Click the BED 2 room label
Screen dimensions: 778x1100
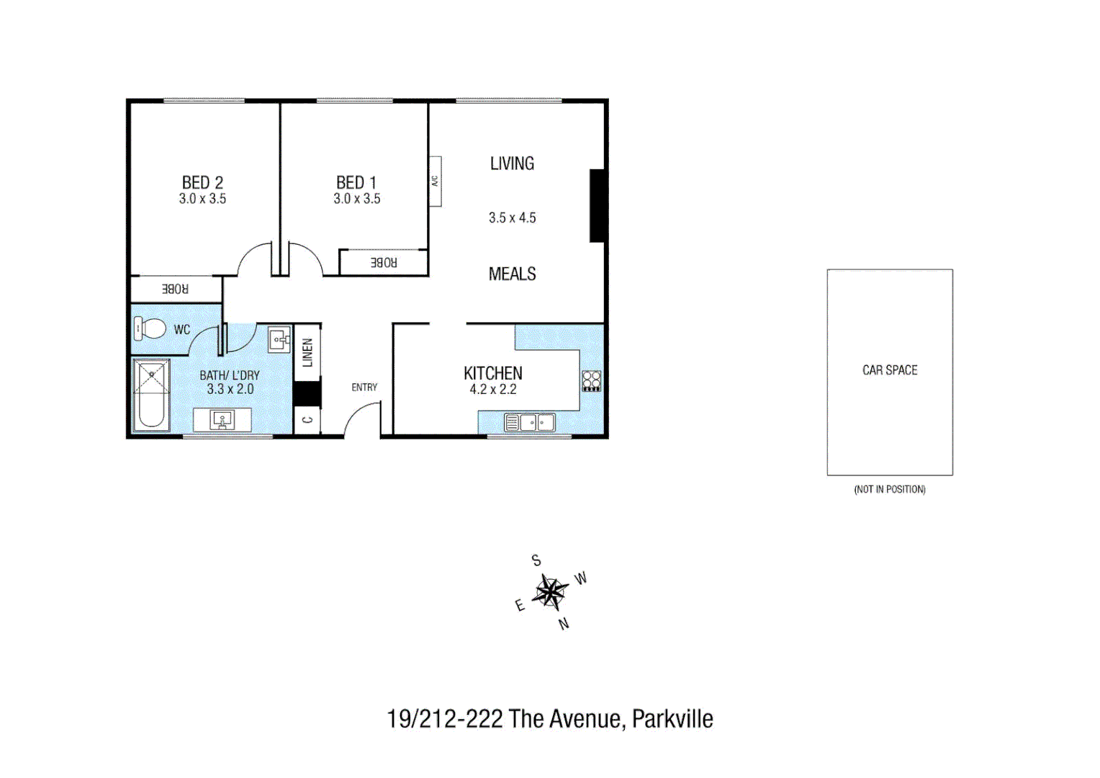(202, 183)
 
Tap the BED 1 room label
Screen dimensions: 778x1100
(356, 183)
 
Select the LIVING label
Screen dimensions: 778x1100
(512, 164)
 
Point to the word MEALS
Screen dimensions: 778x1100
(512, 274)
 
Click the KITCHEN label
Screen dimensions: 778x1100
(493, 373)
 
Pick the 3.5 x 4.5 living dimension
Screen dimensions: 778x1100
(512, 218)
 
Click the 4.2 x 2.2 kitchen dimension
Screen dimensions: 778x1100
(493, 390)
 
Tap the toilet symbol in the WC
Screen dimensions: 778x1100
(150, 328)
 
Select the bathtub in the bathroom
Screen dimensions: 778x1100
(151, 395)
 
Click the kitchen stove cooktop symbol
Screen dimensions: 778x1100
(591, 380)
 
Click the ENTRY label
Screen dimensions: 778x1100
(364, 388)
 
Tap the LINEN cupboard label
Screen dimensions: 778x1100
(307, 352)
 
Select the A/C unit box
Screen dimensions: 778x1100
(435, 182)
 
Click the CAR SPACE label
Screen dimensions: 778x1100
(890, 370)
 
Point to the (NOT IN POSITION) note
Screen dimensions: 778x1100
(890, 490)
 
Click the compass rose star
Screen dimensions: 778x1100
(551, 592)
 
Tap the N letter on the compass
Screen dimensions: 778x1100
(564, 624)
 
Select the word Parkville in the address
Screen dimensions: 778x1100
(672, 719)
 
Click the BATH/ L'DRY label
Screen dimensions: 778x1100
(229, 375)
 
